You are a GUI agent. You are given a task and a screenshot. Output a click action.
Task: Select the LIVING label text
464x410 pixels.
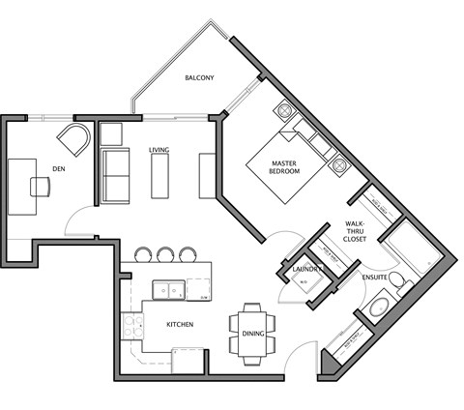[159, 151]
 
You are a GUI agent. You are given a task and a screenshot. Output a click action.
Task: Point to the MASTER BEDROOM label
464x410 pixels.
[284, 165]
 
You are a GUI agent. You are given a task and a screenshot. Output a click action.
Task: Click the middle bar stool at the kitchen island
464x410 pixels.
[165, 255]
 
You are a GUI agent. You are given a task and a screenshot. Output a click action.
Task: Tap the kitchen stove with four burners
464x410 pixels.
[130, 327]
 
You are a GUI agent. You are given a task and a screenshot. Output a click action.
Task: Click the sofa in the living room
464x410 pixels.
[114, 177]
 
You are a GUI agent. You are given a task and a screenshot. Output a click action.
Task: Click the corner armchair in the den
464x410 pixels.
[73, 142]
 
